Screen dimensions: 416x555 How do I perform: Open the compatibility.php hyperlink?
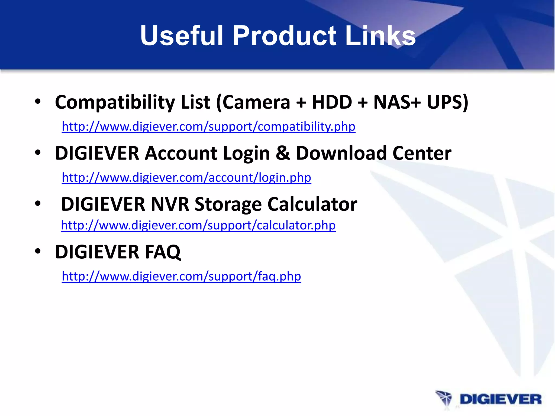coord(208,126)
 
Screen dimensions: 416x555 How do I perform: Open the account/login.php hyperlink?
coord(186,178)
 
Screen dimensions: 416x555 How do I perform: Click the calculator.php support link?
coord(198,225)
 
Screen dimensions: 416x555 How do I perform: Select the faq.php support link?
coord(181,276)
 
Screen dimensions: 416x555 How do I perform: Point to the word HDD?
coord(332,102)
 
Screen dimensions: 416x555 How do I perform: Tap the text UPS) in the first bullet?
coord(447,102)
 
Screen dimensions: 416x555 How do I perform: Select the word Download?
coord(341,153)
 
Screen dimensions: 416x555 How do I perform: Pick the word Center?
coord(422,153)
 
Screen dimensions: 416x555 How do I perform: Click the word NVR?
coord(170,204)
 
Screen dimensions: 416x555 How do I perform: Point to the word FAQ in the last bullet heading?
coord(163,252)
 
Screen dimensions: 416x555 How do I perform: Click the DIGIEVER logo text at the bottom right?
coord(500,399)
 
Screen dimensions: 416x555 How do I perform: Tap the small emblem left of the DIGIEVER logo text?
coord(444,399)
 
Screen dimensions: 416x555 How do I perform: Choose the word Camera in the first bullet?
coord(256,102)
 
